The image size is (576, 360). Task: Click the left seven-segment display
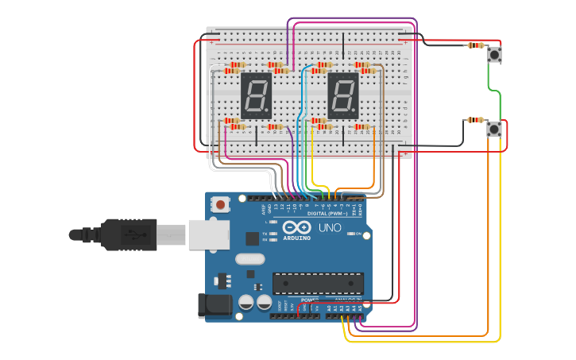coord(257,95)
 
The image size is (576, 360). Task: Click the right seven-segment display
coord(343,95)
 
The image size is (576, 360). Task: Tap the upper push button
coord(495,55)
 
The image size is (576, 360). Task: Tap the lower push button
coord(494,130)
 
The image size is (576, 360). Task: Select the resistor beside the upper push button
coord(476,45)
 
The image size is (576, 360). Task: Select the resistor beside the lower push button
coord(475,120)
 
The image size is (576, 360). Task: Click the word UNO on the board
coord(330,228)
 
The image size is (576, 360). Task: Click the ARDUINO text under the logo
coord(297,238)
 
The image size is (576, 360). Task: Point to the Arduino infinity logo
coord(297,228)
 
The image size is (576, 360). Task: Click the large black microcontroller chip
coord(318,284)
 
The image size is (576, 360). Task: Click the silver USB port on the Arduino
coord(209,235)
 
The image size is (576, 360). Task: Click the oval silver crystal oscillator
coord(249,258)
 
